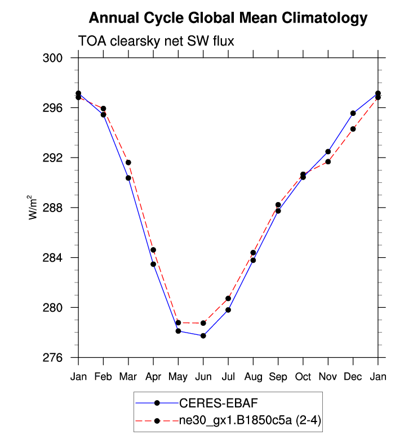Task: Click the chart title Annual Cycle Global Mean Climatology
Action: pyautogui.click(x=228, y=18)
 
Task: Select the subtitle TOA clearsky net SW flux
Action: pyautogui.click(x=156, y=41)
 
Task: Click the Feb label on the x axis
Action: pyautogui.click(x=103, y=376)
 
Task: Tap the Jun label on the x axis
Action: pyautogui.click(x=203, y=376)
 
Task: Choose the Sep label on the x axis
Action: pyautogui.click(x=278, y=376)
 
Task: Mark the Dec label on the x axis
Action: pyautogui.click(x=353, y=376)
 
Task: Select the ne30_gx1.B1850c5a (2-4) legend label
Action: pyautogui.click(x=250, y=419)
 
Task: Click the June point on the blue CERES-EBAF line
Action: pyautogui.click(x=203, y=336)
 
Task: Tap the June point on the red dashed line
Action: pyautogui.click(x=203, y=323)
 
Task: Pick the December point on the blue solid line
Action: pyautogui.click(x=353, y=113)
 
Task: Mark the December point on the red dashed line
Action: pyautogui.click(x=353, y=129)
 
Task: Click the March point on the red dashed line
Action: pyautogui.click(x=128, y=163)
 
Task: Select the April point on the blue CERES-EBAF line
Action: pyautogui.click(x=153, y=264)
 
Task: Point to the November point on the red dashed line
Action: pyautogui.click(x=328, y=162)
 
